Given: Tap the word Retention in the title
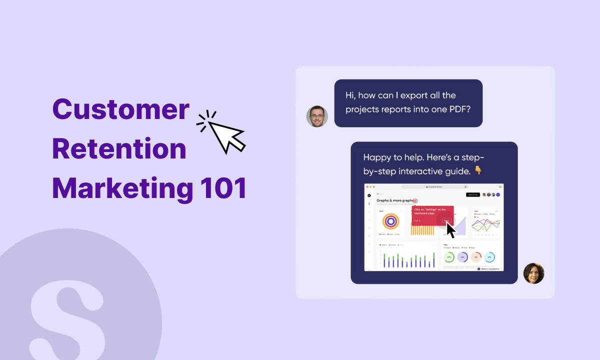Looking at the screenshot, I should pos(119,149).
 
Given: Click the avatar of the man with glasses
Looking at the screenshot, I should pos(317,116).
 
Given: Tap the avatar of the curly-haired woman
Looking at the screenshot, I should pos(533,273).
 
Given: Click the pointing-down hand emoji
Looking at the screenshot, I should pos(478,171).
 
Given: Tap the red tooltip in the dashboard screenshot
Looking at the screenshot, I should pos(432,215).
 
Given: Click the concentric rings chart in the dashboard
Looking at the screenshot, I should pos(390,221).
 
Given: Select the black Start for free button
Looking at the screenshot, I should pos(472,194).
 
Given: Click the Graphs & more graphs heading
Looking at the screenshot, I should pos(395,200).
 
